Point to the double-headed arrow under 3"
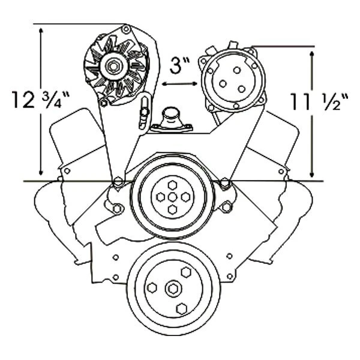pos(179,85)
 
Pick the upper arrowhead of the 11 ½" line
pos(313,53)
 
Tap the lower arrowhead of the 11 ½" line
pos(313,173)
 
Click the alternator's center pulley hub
pos(112,66)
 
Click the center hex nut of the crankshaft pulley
pos(173,289)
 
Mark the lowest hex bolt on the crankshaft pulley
pos(181,308)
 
